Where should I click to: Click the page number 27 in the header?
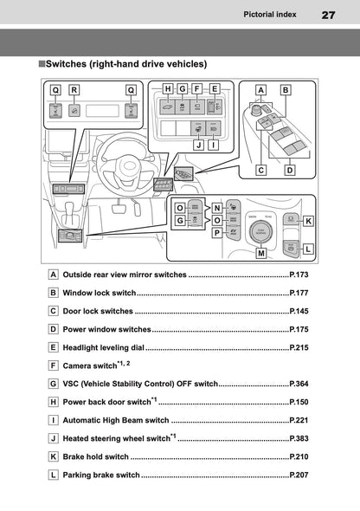328,15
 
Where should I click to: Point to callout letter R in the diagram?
74,89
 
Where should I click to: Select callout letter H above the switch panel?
168,88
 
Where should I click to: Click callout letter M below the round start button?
260,254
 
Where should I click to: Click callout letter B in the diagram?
285,89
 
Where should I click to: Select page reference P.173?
299,275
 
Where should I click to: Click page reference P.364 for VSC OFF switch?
299,383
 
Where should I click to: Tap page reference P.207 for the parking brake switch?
299,475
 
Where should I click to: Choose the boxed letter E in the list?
54,347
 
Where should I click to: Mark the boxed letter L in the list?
54,475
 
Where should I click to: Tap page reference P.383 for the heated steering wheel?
299,438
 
